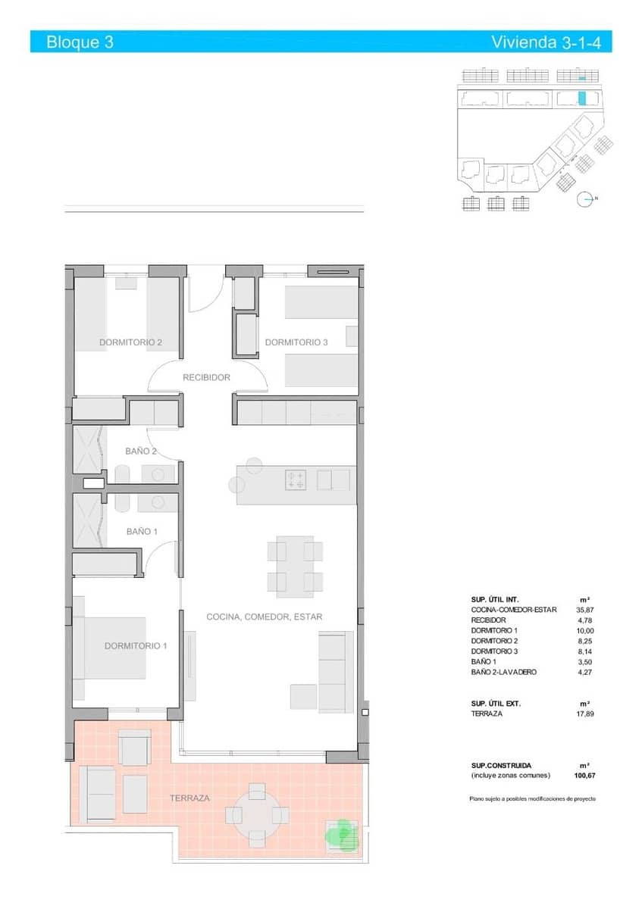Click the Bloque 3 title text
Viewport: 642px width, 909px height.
coord(80,42)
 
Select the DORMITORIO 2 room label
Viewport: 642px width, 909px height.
coord(130,342)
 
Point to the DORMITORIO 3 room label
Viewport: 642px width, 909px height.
coord(296,342)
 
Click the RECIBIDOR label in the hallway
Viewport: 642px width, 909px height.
coord(206,376)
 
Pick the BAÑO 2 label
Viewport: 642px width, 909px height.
coord(140,451)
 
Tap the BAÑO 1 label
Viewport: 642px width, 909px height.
coord(142,532)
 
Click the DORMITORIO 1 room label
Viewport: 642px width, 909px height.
coord(136,646)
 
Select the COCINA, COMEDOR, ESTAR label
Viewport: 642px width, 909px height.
coord(264,617)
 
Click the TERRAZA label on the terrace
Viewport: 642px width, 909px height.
coord(189,798)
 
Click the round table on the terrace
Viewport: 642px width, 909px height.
coord(257,814)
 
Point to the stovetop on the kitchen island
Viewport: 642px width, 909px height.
coord(295,480)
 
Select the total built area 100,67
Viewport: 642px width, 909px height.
coord(581,776)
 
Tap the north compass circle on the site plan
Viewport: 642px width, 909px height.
coord(584,199)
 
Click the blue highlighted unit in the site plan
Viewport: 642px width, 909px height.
coord(582,98)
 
